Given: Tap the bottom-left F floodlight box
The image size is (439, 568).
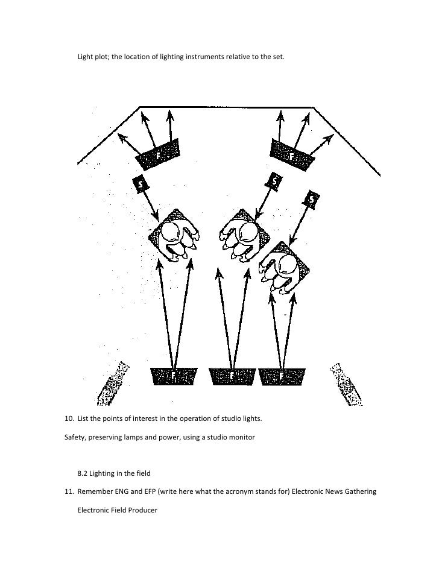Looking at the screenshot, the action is (174, 376).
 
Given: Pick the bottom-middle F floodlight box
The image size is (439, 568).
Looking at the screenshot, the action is (231, 376).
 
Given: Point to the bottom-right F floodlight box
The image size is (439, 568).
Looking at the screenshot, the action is (282, 376).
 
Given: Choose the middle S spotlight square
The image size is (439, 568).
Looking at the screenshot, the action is (274, 180).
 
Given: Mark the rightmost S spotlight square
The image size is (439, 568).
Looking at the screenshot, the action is (312, 199).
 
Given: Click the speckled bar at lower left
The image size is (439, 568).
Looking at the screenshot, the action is (114, 382).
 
